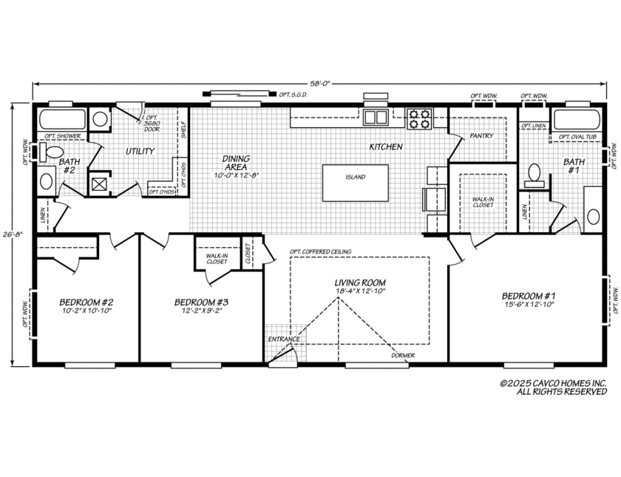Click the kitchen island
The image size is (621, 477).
355,183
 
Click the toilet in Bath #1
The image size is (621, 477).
533,174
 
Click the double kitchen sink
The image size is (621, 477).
376,117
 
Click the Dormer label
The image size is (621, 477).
403,355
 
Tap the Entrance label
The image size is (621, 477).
284,339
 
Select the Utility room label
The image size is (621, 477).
140,151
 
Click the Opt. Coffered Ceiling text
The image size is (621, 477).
321,251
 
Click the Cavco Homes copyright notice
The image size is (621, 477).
552,388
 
